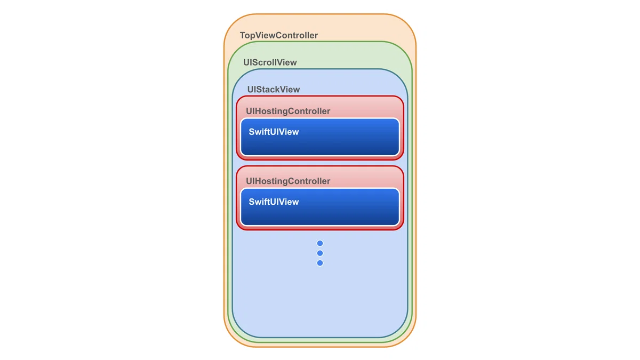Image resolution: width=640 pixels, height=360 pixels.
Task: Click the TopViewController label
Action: click(x=278, y=35)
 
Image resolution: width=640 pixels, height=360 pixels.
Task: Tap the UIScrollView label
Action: click(x=270, y=62)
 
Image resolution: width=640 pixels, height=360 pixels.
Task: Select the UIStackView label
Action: click(x=274, y=90)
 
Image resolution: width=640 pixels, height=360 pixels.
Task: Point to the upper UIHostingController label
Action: click(x=288, y=111)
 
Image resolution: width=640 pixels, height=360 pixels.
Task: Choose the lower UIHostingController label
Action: click(x=288, y=181)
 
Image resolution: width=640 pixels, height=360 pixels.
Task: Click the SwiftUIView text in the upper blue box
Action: click(x=274, y=132)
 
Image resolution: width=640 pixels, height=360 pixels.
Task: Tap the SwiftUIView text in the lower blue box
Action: click(x=274, y=202)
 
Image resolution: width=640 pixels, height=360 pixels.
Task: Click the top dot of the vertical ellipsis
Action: click(x=320, y=243)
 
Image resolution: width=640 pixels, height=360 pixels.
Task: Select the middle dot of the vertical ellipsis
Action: click(x=320, y=253)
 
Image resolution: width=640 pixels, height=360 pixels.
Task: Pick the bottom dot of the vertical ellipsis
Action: click(x=320, y=263)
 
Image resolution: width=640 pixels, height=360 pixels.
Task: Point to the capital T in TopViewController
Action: click(x=243, y=35)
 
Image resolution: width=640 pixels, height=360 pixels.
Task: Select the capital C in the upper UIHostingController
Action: click(x=291, y=111)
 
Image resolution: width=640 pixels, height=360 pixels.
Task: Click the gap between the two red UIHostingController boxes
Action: click(x=320, y=163)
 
